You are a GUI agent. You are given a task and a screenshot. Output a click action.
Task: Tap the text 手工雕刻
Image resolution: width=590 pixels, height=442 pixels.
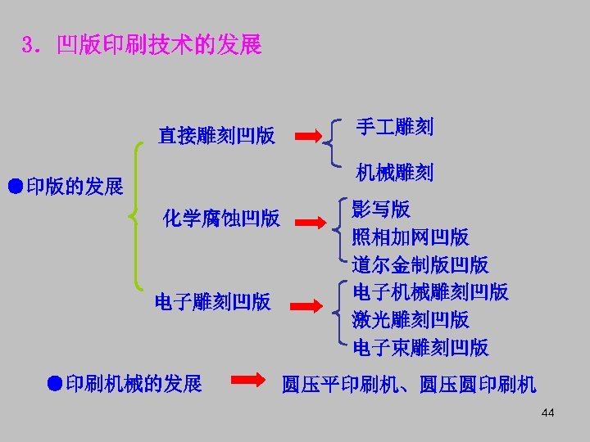[x=394, y=126]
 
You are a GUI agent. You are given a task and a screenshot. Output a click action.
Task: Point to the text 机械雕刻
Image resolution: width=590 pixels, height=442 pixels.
[x=394, y=173]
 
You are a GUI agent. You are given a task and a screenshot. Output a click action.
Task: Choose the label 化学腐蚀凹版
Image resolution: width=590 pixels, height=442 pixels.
[x=221, y=218]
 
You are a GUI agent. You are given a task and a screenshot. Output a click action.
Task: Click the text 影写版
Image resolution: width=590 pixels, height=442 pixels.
[x=381, y=209]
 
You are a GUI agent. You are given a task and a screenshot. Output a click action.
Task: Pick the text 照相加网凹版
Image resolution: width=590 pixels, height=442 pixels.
[x=411, y=237]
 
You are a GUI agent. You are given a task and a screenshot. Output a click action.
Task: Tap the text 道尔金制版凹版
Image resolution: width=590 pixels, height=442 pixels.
[x=420, y=264]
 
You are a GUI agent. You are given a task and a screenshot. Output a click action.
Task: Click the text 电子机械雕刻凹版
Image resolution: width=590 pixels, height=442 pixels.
[x=430, y=291]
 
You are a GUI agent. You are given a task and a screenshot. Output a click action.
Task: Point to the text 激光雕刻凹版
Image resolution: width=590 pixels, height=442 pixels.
[x=411, y=319]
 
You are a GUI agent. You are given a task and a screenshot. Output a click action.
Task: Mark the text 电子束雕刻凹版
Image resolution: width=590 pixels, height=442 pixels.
[x=420, y=347]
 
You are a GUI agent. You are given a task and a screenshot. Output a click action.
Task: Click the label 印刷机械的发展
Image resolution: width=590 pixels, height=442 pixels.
[x=125, y=383]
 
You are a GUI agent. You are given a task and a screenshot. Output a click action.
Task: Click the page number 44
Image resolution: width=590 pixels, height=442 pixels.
[x=547, y=413]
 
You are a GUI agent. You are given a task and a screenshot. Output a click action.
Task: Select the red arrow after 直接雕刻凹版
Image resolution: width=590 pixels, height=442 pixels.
[x=309, y=136]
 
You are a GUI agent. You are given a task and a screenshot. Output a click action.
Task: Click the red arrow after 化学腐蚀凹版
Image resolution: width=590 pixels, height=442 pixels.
[x=309, y=219]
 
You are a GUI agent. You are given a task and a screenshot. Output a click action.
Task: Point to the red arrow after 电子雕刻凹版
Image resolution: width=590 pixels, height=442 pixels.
[x=309, y=304]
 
